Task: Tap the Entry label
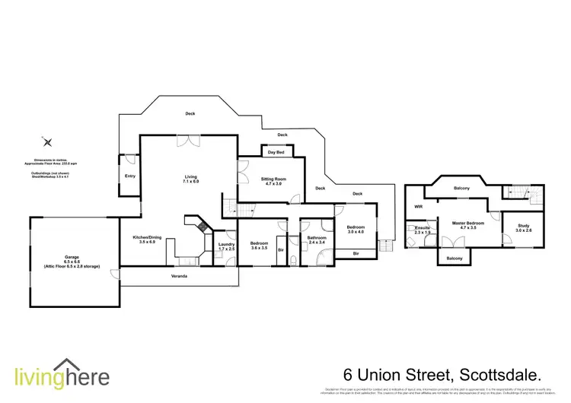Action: click(129, 176)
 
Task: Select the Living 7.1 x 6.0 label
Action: click(190, 179)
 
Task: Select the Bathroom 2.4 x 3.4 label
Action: click(317, 240)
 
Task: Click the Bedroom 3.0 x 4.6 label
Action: click(356, 230)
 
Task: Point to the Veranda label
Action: click(179, 275)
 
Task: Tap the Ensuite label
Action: click(421, 230)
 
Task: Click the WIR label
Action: click(418, 206)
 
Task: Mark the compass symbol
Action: click(47, 142)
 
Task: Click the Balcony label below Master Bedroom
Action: click(454, 259)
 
